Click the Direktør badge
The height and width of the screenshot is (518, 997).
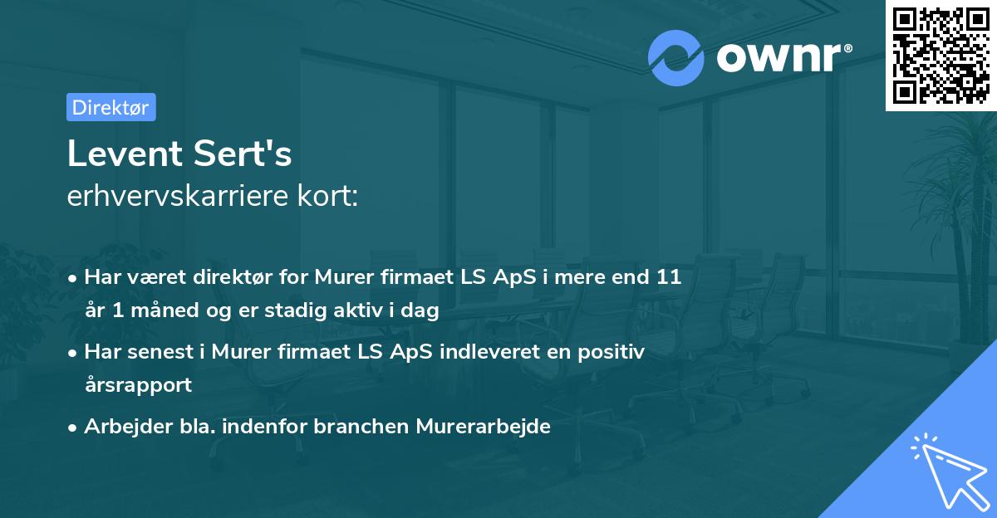click(111, 107)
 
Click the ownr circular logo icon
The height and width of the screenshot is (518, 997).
click(675, 58)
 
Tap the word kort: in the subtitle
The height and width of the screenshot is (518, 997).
click(328, 196)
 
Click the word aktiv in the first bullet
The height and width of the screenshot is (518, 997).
click(342, 311)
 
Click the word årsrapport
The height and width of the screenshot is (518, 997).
click(138, 385)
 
